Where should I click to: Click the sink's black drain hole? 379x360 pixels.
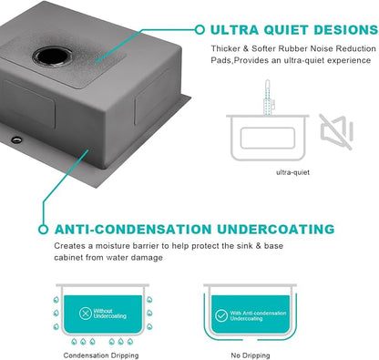point(52,57)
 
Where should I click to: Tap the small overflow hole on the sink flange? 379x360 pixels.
point(16,139)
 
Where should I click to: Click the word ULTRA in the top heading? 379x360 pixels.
point(234,30)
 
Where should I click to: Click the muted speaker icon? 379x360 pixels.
point(336,131)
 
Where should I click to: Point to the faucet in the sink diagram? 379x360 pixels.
point(268,98)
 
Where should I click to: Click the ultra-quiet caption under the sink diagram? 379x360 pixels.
point(292,172)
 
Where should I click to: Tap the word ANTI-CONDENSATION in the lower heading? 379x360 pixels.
point(133,230)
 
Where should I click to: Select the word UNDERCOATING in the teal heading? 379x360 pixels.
point(276,230)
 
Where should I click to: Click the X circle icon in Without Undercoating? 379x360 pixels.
point(86,314)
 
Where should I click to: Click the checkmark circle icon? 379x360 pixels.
point(221,315)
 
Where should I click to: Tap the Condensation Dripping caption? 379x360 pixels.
point(101,355)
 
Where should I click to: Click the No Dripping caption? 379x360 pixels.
point(251,355)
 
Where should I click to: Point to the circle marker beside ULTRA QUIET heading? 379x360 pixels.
point(200,30)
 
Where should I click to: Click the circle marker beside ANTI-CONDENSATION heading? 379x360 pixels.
point(43,230)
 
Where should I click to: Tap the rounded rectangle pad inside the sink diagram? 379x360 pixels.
point(268,139)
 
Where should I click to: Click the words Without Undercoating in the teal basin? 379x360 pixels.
point(109,314)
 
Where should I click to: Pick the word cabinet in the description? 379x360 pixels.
point(68,258)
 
